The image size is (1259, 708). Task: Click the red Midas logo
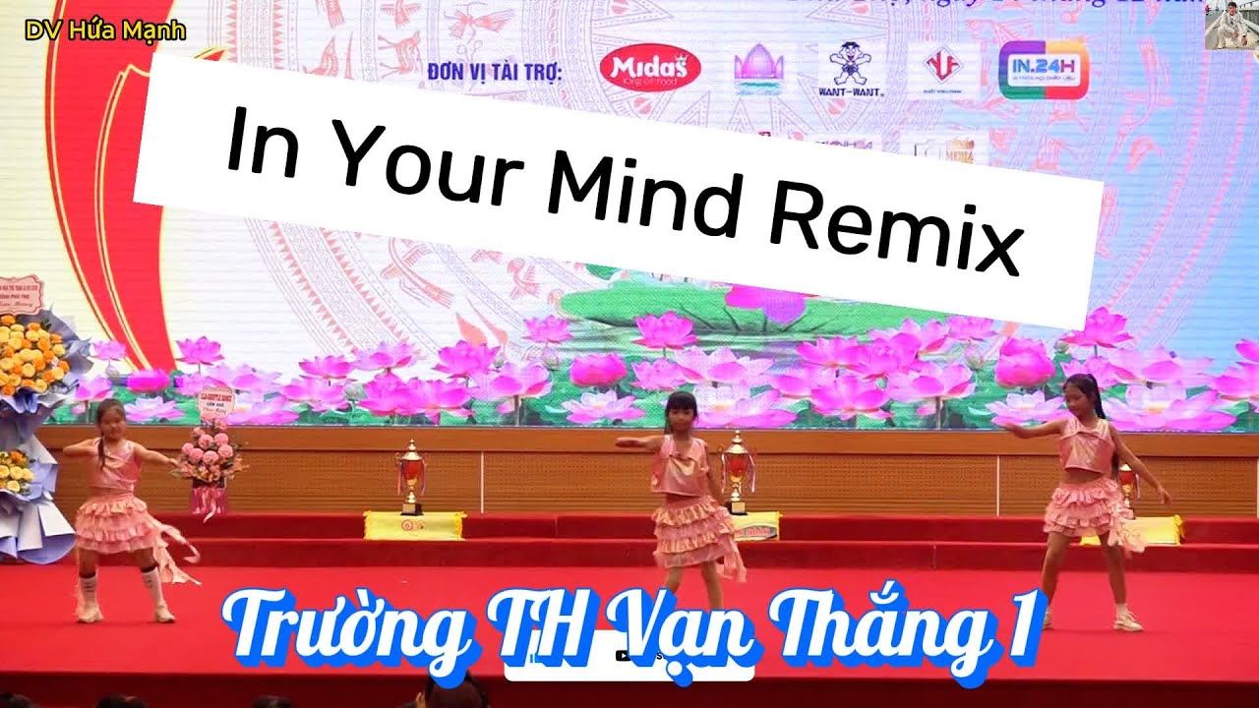click(650, 68)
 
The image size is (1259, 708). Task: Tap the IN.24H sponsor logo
click(1043, 70)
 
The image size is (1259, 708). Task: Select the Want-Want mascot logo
click(851, 69)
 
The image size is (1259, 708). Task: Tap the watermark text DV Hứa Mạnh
click(105, 30)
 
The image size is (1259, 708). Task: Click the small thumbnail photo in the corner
click(1230, 26)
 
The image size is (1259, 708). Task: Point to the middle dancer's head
click(681, 408)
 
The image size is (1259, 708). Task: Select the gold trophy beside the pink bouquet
click(411, 477)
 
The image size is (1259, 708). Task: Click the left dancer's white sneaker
click(89, 612)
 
